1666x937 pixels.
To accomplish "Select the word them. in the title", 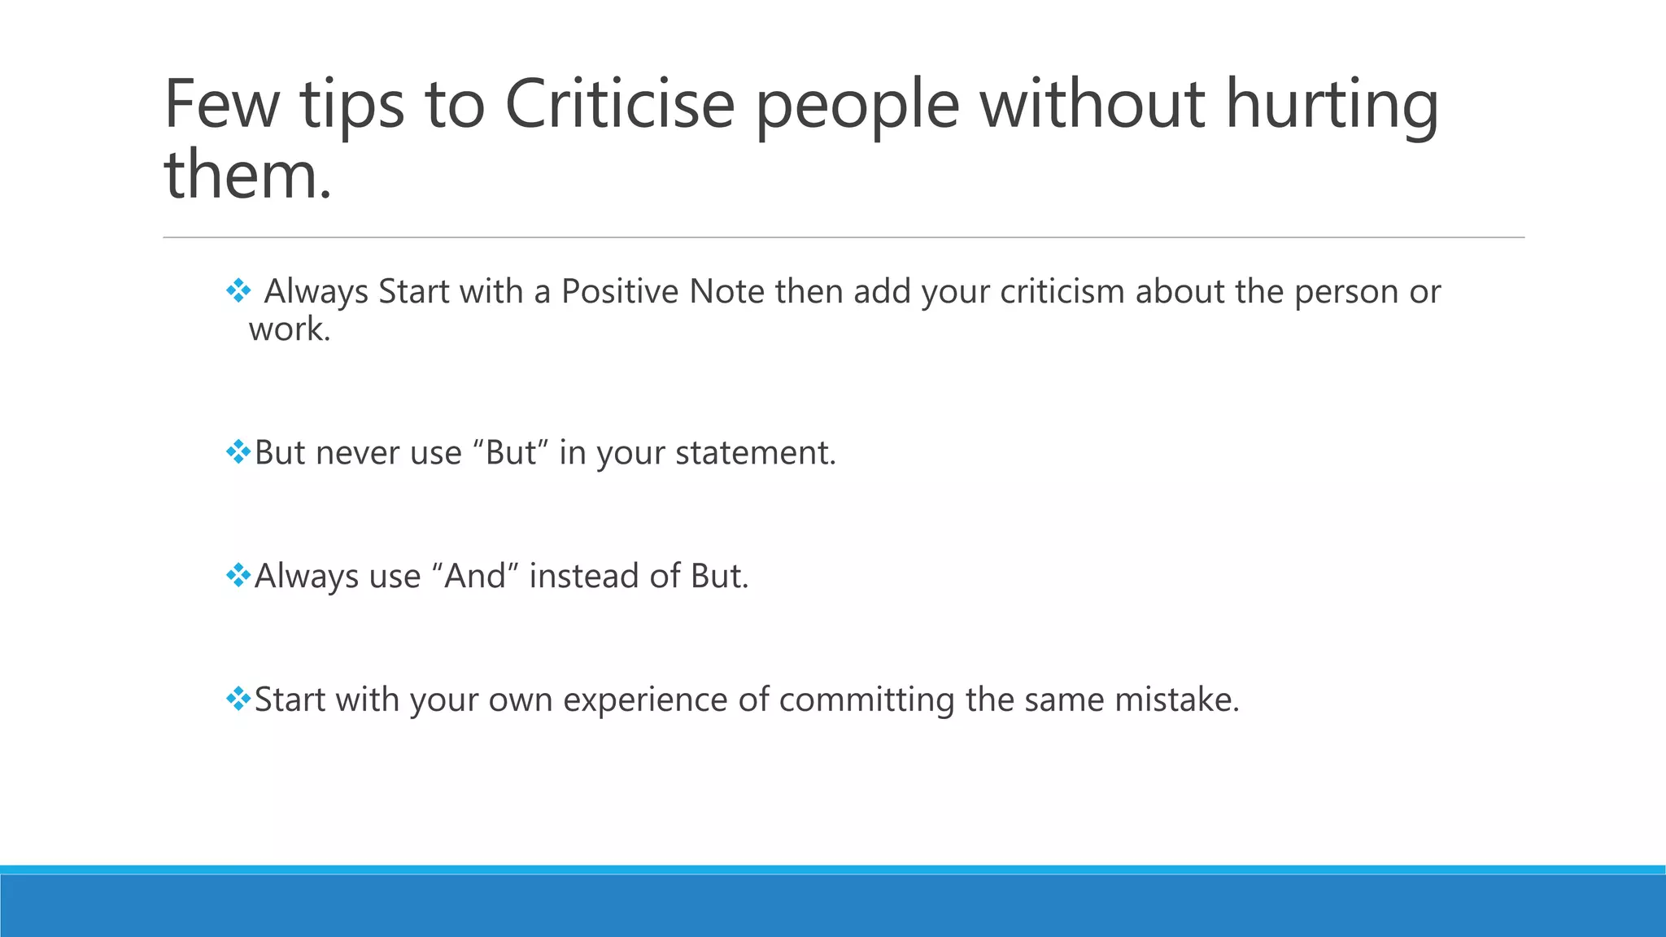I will [248, 175].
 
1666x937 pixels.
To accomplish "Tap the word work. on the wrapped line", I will [290, 329].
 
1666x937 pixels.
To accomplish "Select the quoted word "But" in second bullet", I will [511, 453].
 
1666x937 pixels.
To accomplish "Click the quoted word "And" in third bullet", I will [476, 577].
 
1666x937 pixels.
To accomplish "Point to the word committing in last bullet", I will [866, 700].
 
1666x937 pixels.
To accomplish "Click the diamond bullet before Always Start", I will [238, 290].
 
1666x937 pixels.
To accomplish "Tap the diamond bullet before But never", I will [238, 451].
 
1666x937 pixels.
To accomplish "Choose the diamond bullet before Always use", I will [238, 575].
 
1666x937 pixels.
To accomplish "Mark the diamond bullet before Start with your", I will [238, 699].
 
